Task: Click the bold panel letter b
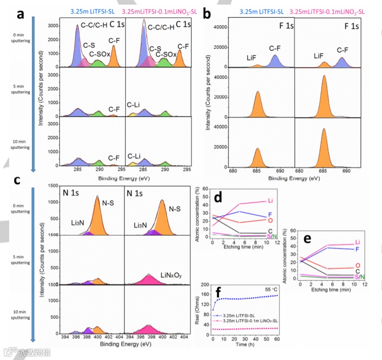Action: pyautogui.click(x=207, y=13)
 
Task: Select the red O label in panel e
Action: pyautogui.click(x=359, y=266)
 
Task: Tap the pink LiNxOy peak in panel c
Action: pyautogui.click(x=150, y=279)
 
